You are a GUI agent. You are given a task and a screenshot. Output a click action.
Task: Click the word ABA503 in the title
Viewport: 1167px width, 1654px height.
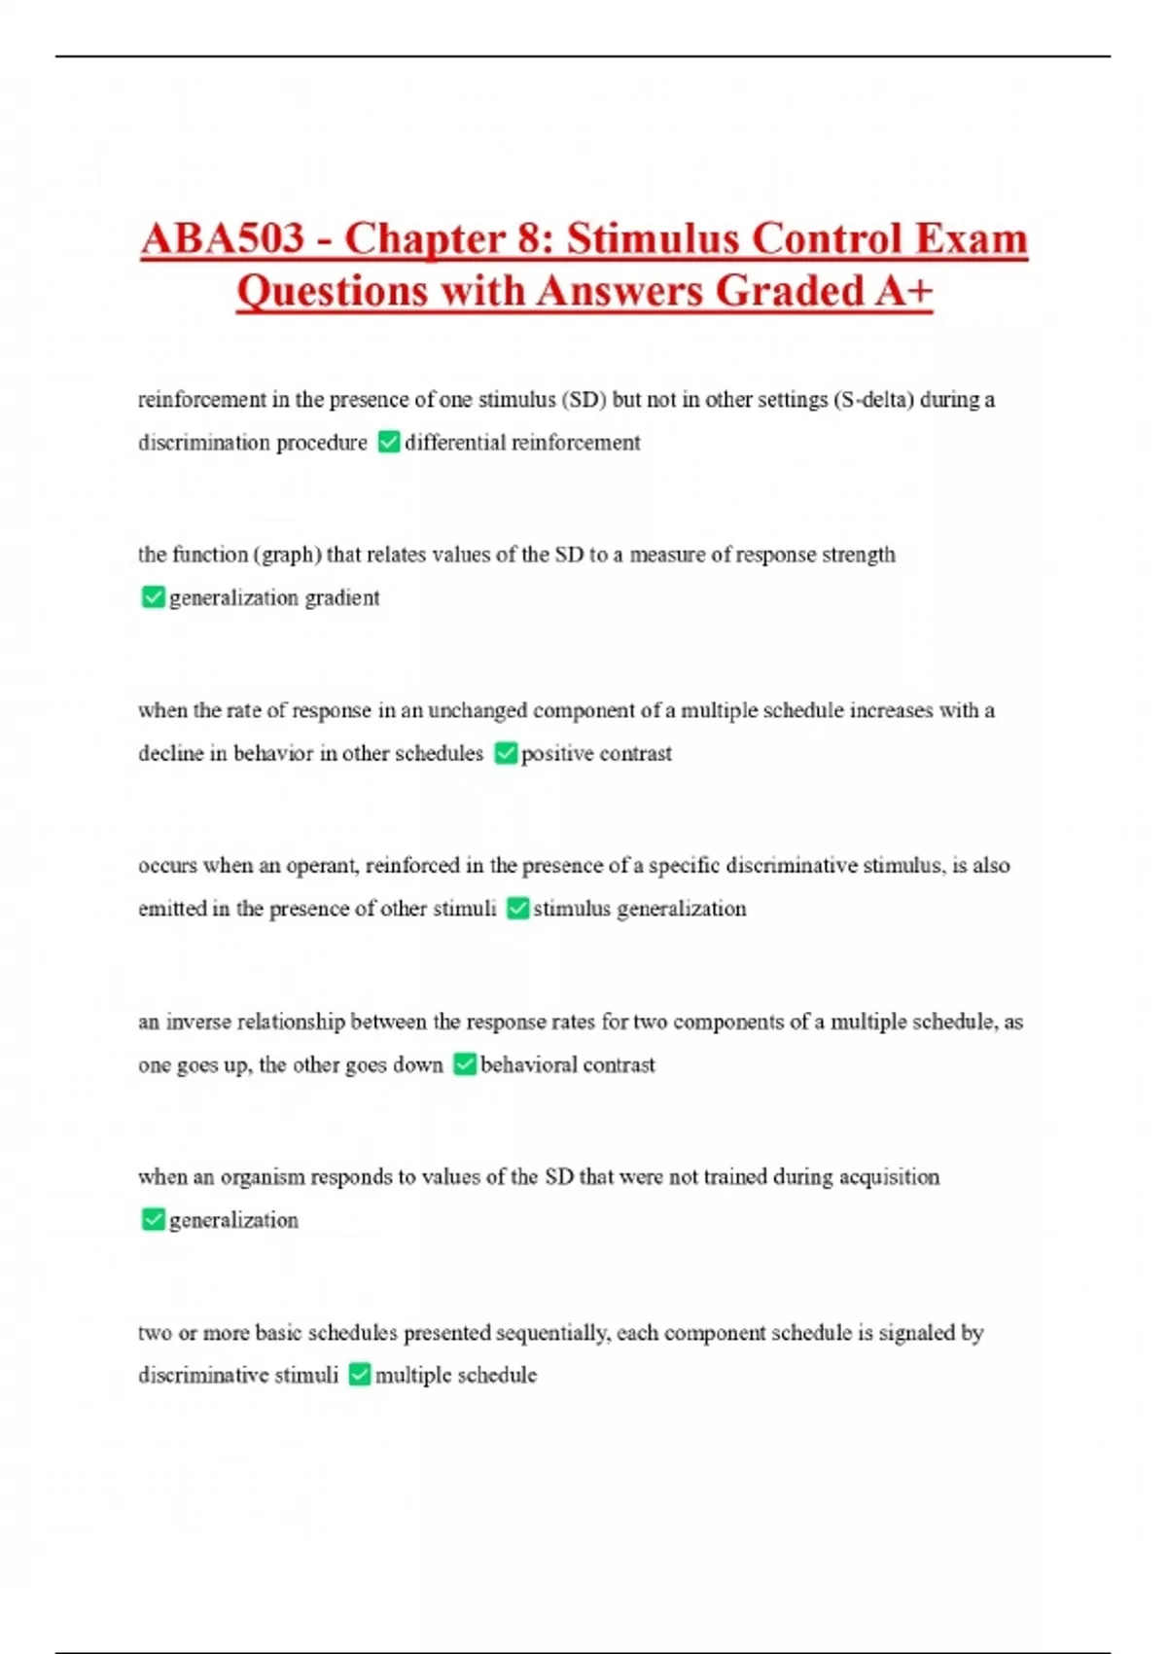point(223,239)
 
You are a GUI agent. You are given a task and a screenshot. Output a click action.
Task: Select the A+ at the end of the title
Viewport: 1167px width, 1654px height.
point(903,291)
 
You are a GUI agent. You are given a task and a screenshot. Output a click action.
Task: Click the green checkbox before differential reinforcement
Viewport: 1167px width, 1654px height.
point(389,443)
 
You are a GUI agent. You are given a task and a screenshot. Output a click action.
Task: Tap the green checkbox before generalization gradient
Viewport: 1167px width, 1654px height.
point(153,597)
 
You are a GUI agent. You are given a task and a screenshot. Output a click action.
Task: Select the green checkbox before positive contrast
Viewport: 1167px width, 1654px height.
point(506,753)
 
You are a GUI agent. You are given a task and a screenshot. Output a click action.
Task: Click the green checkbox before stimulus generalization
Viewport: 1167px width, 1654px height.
point(518,909)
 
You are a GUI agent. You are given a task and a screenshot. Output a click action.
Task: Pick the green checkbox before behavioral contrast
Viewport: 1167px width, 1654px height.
point(465,1064)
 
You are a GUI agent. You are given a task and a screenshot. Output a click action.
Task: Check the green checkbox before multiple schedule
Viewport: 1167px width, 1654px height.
point(360,1375)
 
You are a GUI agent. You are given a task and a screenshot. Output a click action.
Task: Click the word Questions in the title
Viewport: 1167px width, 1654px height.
point(333,291)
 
